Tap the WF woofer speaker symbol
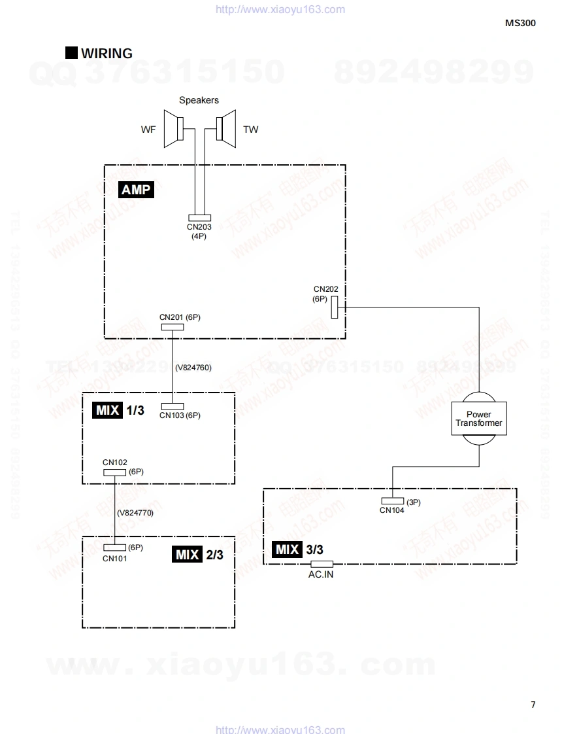tap(174, 128)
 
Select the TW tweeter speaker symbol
tap(225, 128)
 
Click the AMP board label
tap(136, 190)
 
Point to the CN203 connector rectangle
tap(199, 218)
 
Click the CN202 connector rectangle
tap(334, 306)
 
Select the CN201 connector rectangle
tap(172, 326)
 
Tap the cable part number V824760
tap(193, 368)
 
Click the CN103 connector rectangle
tap(172, 406)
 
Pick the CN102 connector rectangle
tap(115, 472)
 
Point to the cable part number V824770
tap(135, 513)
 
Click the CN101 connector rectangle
tap(115, 548)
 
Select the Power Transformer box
tap(479, 419)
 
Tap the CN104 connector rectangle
tap(393, 501)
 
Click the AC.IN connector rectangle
tap(322, 564)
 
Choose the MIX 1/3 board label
tap(118, 410)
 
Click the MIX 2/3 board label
tap(199, 555)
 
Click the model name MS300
tap(520, 22)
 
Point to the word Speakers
tap(199, 100)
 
